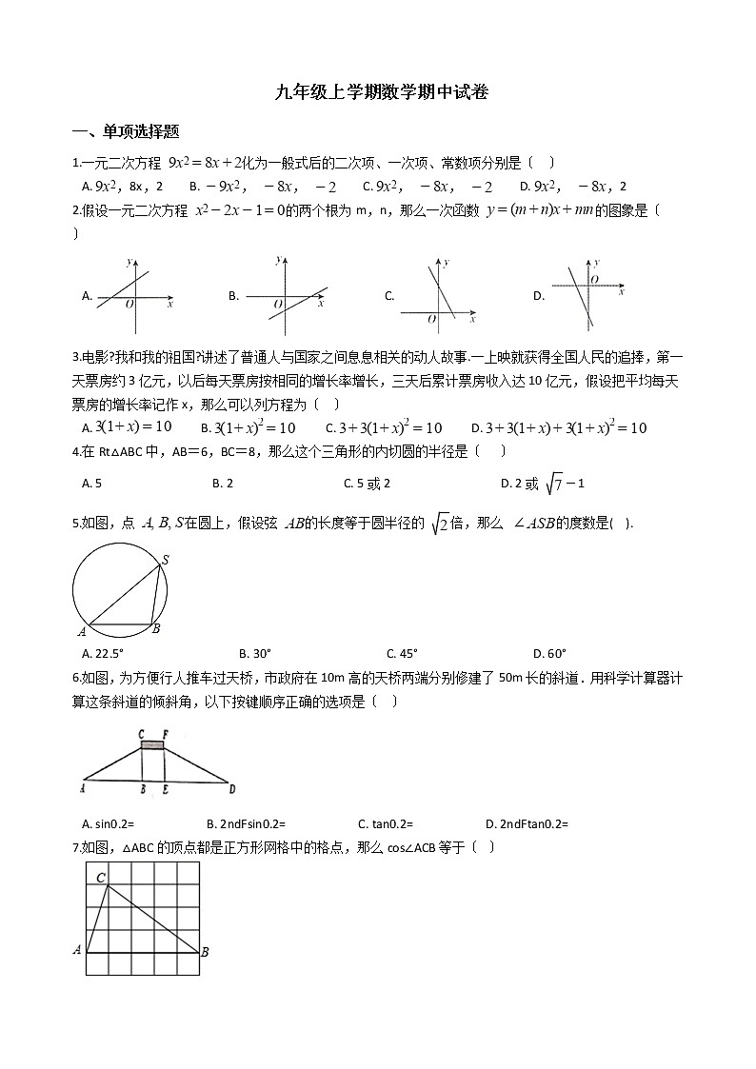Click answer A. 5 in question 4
[x=92, y=484]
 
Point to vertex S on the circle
[x=164, y=561]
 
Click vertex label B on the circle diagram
[x=156, y=629]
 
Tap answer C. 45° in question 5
[x=402, y=653]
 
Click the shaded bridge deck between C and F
[x=152, y=744]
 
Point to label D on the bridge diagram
[x=231, y=789]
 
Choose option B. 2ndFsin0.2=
[x=246, y=823]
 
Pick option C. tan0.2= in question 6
[x=386, y=823]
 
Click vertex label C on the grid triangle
[x=100, y=877]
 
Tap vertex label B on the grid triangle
[x=206, y=951]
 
